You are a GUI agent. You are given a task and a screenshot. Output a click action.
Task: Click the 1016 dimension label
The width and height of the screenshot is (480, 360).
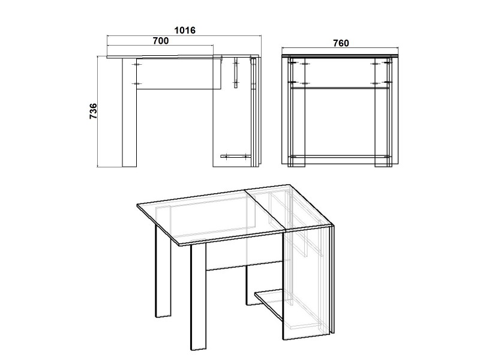point(185,31)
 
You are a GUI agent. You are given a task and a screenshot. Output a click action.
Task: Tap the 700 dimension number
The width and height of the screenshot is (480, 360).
point(161,40)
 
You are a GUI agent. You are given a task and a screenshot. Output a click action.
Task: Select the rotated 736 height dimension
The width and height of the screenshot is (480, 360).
point(93,111)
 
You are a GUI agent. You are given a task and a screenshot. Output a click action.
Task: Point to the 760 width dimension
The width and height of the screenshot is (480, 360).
point(341,43)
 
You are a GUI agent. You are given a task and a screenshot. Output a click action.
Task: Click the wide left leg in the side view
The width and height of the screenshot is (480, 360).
point(129,112)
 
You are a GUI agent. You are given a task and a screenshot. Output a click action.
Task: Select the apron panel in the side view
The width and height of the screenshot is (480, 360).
point(179,73)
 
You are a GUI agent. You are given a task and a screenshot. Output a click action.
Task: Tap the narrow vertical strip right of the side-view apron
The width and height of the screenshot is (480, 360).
point(236,73)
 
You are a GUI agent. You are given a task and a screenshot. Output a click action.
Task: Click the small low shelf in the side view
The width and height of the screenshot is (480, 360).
point(236,157)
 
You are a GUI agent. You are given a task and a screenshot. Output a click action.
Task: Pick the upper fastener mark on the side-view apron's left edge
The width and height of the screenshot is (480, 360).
point(136,64)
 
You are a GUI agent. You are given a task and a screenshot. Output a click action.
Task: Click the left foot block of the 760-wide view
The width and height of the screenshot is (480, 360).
point(296,161)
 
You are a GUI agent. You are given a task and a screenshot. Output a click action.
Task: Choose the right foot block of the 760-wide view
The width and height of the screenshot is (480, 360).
point(383,161)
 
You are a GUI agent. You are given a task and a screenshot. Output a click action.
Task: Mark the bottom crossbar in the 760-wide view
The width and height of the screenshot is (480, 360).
point(340,157)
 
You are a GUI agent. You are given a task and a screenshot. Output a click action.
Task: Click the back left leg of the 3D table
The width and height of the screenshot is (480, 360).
point(163,271)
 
